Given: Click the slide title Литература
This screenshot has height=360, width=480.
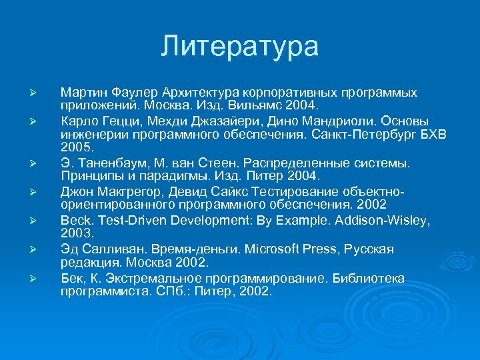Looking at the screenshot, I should tap(239, 47).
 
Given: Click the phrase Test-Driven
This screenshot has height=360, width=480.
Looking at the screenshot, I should tap(125, 219).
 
